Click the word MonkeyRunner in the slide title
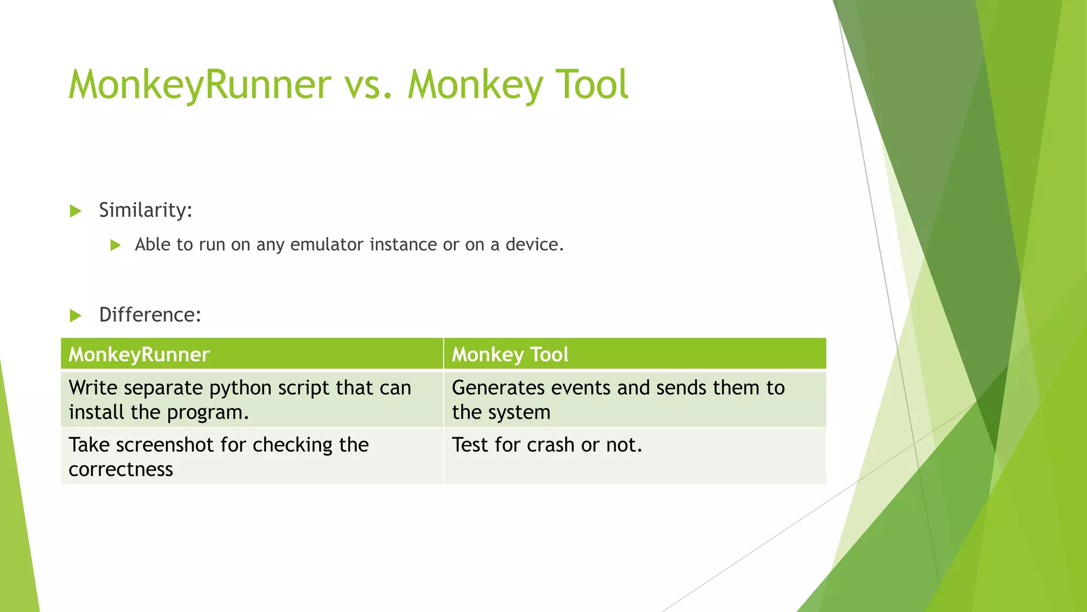click(x=200, y=84)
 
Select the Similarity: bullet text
click(x=145, y=210)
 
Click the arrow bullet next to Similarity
click(x=75, y=211)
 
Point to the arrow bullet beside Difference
click(x=75, y=316)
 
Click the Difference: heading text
click(x=150, y=314)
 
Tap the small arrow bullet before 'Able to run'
click(x=115, y=245)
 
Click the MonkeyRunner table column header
click(x=139, y=354)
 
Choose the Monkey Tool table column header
click(x=510, y=354)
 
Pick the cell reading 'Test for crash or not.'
click(x=547, y=445)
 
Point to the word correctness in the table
click(x=120, y=469)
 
